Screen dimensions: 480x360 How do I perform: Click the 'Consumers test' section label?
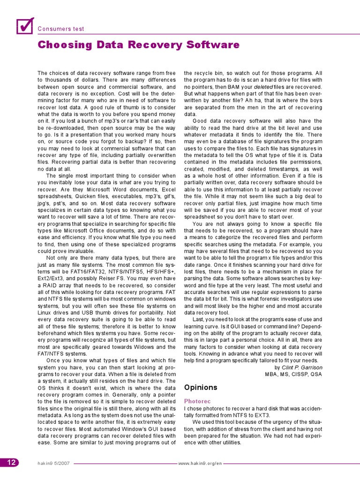(61, 29)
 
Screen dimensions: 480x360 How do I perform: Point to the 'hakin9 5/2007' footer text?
(54, 463)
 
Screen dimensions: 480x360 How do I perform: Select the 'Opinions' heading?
(201, 387)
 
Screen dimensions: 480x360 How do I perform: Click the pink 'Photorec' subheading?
(197, 401)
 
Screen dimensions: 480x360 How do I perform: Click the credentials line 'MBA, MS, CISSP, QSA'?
(293, 374)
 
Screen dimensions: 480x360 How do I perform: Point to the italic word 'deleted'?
(263, 87)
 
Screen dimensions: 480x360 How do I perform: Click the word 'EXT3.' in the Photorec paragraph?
(262, 415)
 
